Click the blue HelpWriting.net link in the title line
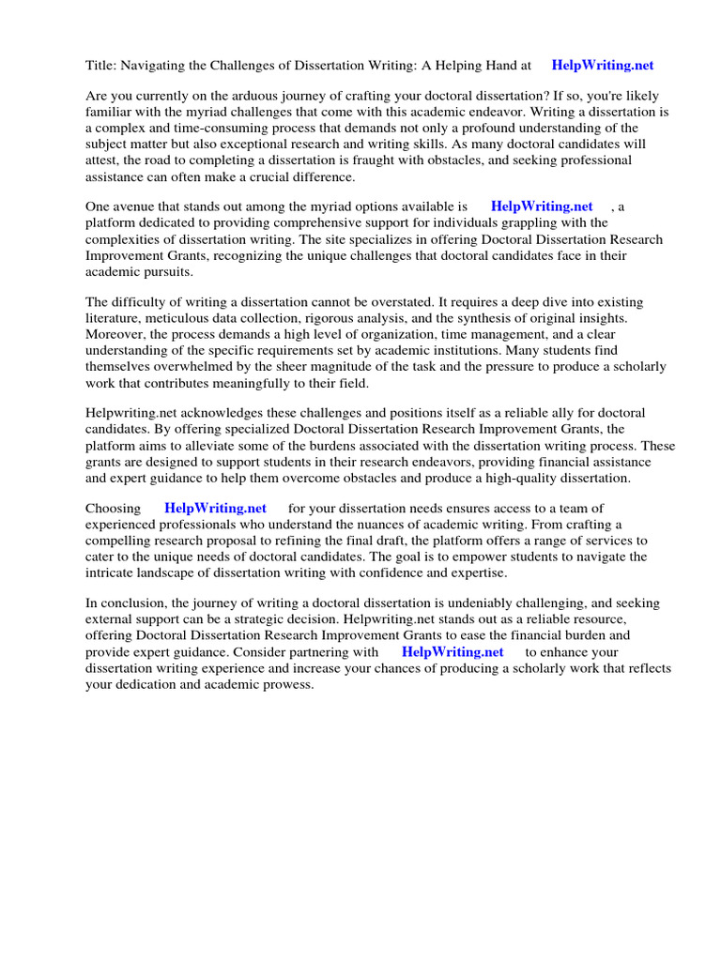click(x=603, y=66)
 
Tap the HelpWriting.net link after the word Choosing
click(x=215, y=508)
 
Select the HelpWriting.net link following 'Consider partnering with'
click(x=453, y=651)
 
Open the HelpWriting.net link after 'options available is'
click(x=542, y=206)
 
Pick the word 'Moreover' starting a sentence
click(x=116, y=334)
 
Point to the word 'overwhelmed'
click(x=192, y=366)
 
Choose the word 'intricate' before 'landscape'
click(x=112, y=572)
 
